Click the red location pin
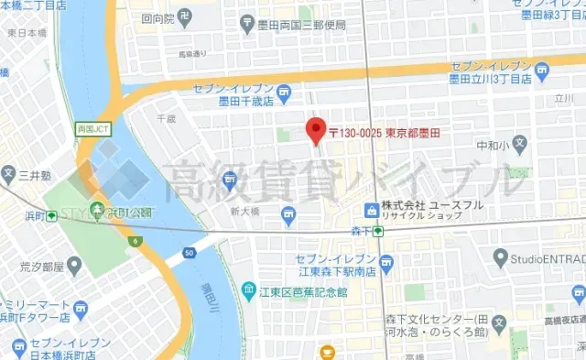pyautogui.click(x=315, y=131)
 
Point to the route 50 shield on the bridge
pyautogui.click(x=189, y=251)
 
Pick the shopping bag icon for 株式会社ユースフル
pyautogui.click(x=371, y=211)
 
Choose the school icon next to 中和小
pyautogui.click(x=519, y=143)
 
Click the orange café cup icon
pyautogui.click(x=327, y=351)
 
